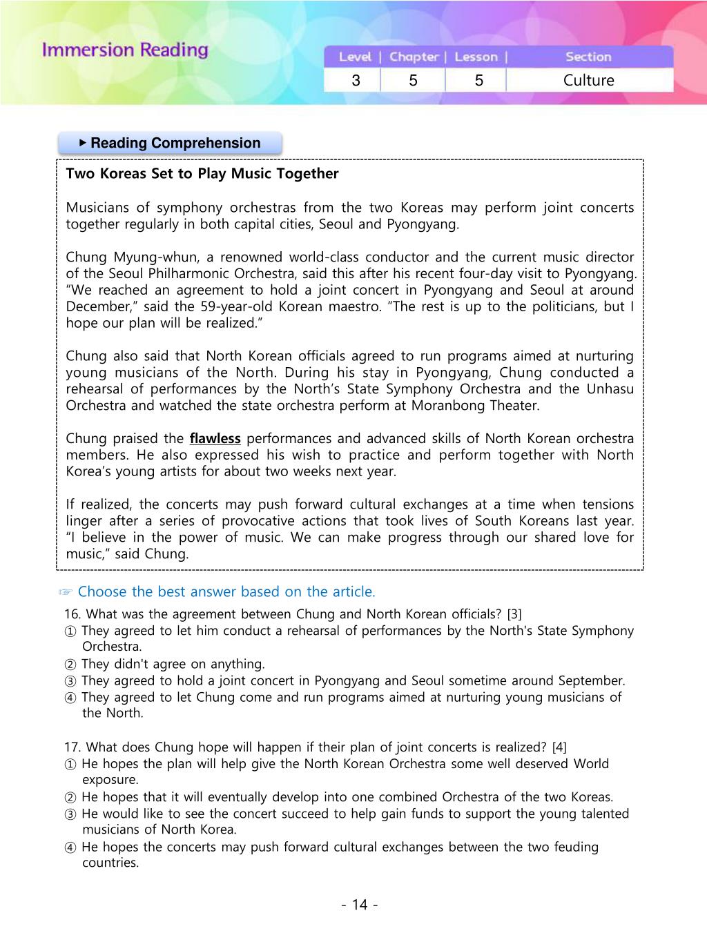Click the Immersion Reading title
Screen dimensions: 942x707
coord(125,50)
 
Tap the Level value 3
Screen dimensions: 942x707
coord(356,80)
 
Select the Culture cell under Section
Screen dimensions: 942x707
coord(588,80)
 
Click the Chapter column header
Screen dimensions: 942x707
coord(414,57)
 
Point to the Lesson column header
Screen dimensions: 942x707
coord(476,57)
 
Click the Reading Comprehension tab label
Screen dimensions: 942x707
coord(175,143)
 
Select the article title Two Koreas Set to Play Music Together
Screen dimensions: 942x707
coord(202,173)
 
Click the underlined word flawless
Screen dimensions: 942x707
coord(215,438)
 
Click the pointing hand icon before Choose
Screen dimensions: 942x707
coord(66,592)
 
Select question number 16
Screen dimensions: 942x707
coord(72,614)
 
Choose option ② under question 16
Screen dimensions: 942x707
coord(70,665)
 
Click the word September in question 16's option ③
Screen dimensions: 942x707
coord(590,680)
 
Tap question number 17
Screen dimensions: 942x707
coord(72,747)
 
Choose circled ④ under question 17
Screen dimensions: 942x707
coord(70,847)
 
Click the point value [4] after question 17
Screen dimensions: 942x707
coord(559,747)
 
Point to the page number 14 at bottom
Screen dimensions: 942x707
coord(360,905)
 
